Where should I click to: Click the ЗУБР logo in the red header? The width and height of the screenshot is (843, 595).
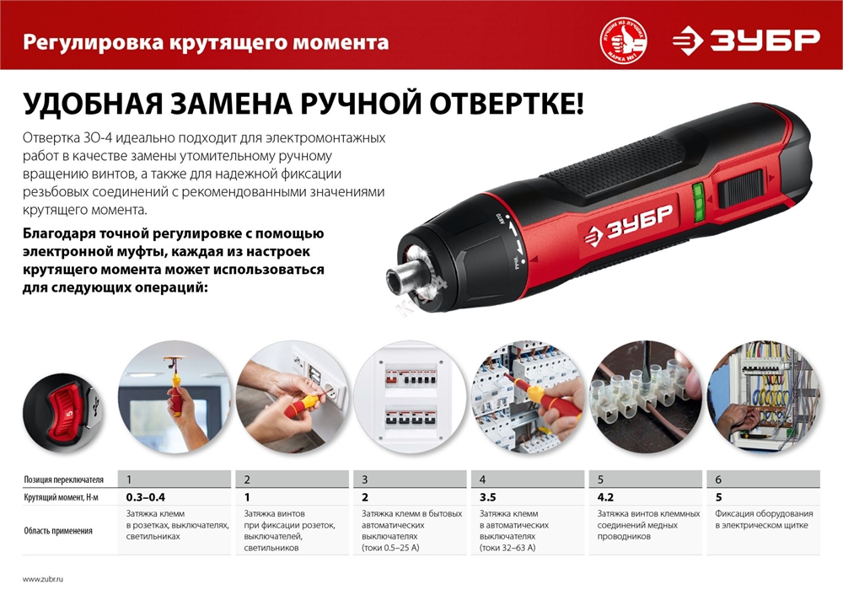[x=745, y=40]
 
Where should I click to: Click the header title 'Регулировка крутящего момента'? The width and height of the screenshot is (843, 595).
[x=207, y=41]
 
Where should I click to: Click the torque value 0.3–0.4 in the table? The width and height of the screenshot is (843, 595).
[x=146, y=497]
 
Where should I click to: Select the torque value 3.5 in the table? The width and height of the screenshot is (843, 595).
[x=487, y=497]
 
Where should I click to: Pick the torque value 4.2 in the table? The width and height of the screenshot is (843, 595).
[x=605, y=497]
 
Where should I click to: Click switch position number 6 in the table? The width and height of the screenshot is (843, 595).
[x=718, y=480]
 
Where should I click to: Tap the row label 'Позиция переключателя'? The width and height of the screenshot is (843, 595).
[x=63, y=480]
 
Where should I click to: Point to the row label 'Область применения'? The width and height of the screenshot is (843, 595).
[x=57, y=531]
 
